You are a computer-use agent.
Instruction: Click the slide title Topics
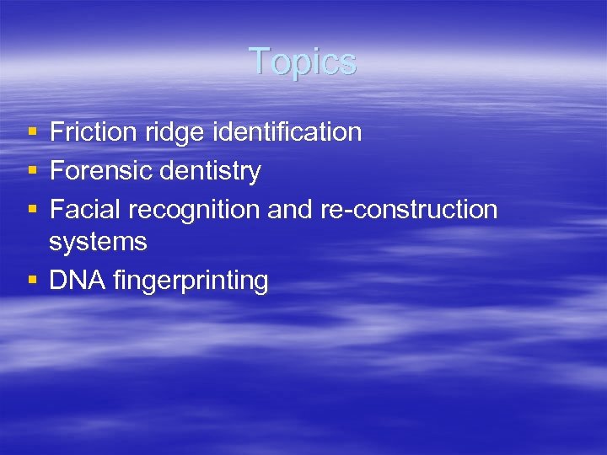point(303,62)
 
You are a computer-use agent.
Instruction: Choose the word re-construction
point(409,209)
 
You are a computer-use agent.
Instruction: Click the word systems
point(98,243)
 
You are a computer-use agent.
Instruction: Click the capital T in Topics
point(259,62)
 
